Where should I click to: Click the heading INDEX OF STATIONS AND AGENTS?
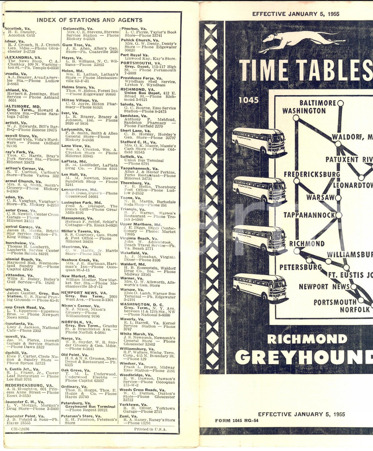click(x=95, y=20)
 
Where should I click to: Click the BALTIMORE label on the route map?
click(x=317, y=103)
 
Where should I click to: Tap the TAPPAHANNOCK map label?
click(x=309, y=215)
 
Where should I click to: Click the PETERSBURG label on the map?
click(x=300, y=267)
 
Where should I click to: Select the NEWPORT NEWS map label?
click(x=324, y=286)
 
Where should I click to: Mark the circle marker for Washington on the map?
click(x=296, y=118)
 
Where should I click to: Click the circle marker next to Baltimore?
click(x=340, y=103)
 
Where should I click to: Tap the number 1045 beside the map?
click(x=248, y=100)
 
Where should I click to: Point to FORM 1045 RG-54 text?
click(x=236, y=421)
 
